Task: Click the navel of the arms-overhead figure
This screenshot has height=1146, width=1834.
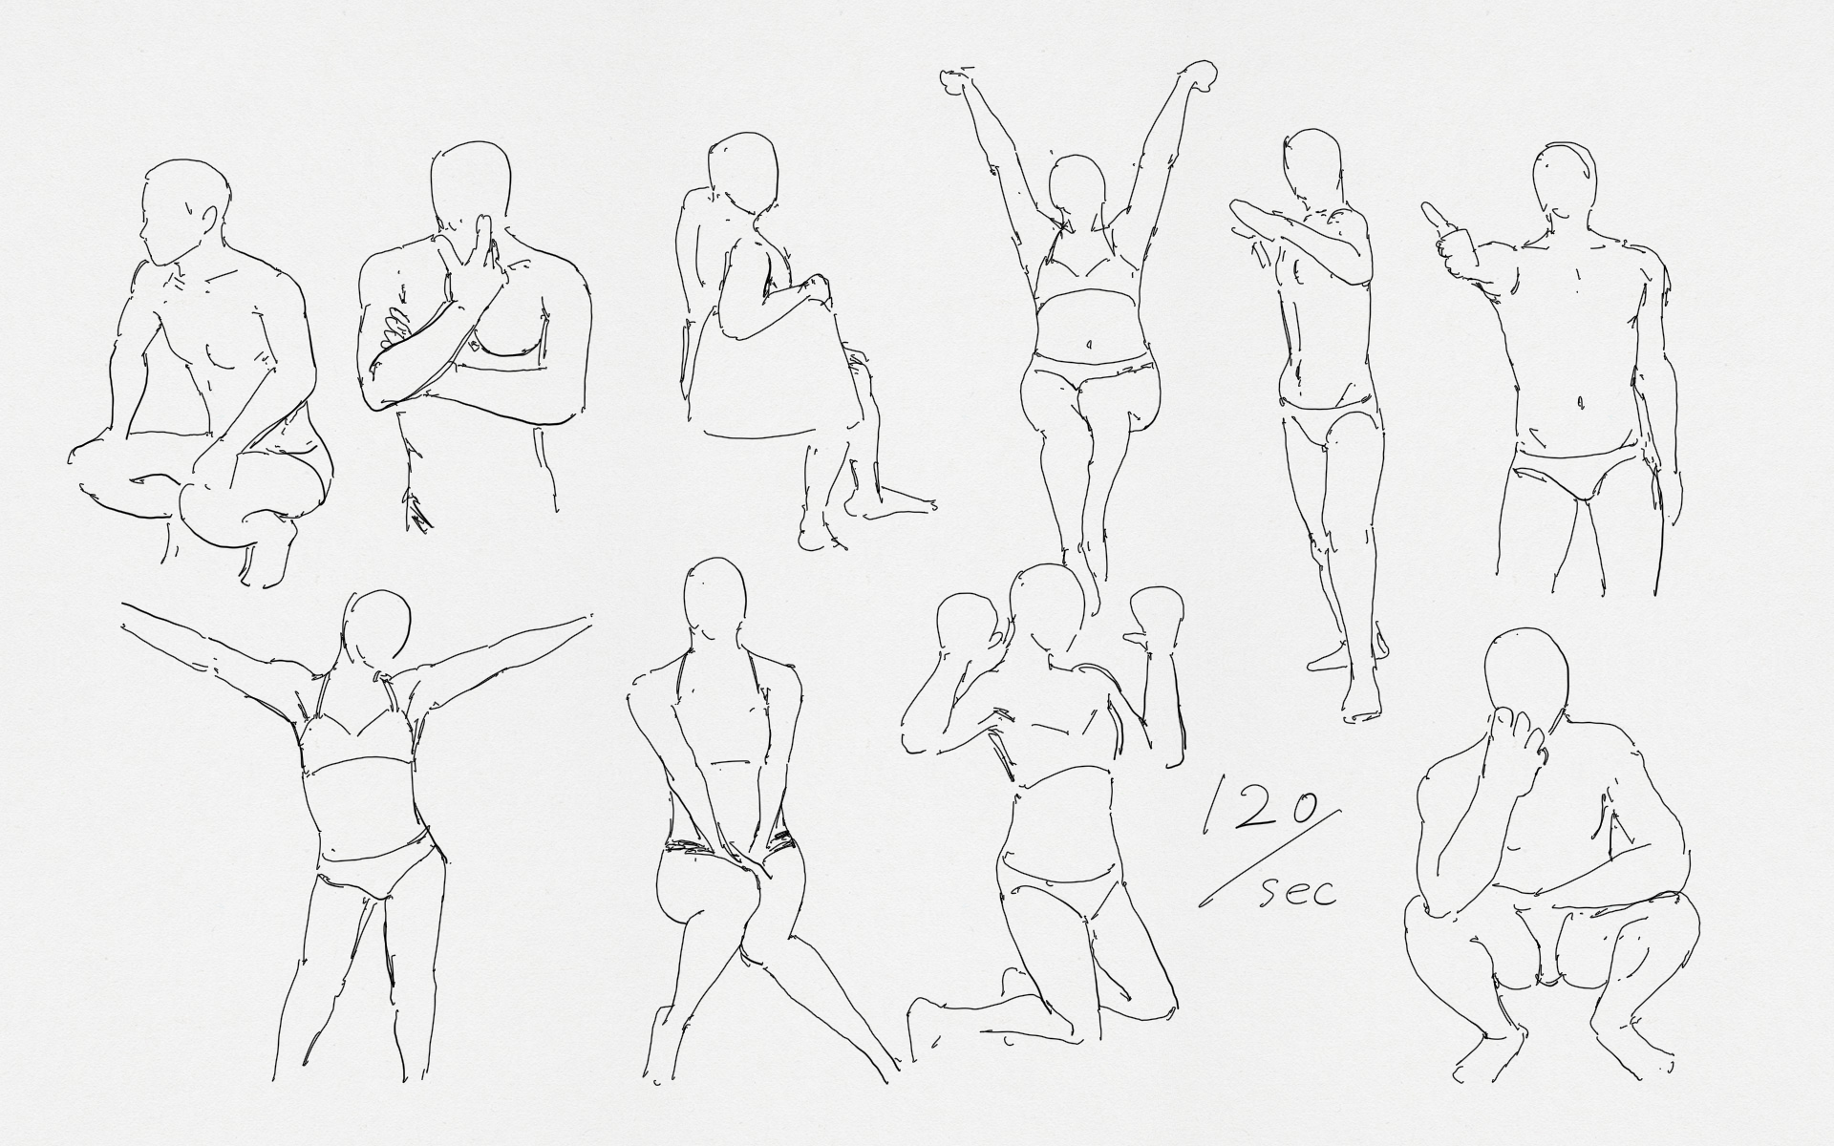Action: tap(1086, 343)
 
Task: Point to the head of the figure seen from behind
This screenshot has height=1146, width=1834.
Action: tap(715, 603)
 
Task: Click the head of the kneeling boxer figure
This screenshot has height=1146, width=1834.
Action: tap(1047, 611)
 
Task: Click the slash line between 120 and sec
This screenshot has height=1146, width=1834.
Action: tap(1269, 856)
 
